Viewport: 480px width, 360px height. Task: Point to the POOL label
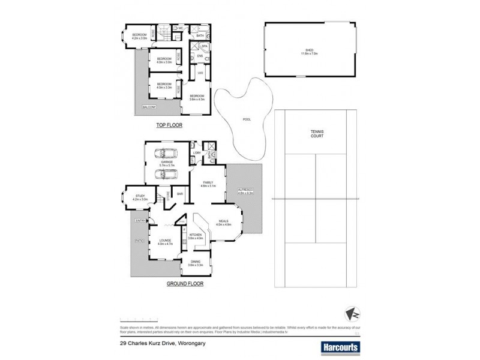pos(247,119)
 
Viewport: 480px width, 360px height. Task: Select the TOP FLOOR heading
pos(169,125)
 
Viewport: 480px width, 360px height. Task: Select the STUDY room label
pos(140,196)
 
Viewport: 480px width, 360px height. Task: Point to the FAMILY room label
pos(209,183)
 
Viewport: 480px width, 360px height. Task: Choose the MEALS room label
pos(223,222)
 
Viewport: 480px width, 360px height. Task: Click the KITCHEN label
pos(196,235)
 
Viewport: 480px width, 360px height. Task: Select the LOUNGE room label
pos(165,242)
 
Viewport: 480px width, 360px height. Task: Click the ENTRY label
pos(140,220)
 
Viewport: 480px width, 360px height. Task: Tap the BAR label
pos(179,194)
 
